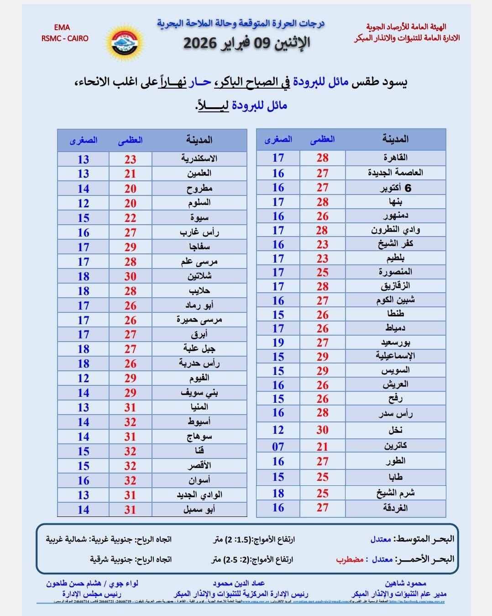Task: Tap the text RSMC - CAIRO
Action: click(64, 38)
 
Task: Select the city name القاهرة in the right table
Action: click(395, 158)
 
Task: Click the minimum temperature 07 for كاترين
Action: click(278, 447)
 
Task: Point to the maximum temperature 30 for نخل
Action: click(322, 430)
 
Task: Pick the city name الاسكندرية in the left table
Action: click(199, 159)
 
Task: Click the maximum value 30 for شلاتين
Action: click(131, 276)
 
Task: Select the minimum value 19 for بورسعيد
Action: click(278, 342)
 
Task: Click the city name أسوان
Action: click(199, 480)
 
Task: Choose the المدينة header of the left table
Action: click(199, 140)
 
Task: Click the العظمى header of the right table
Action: click(322, 139)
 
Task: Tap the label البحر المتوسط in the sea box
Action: click(424, 539)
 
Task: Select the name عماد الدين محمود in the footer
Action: click(239, 583)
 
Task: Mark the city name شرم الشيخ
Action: click(395, 493)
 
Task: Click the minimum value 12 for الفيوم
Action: click(83, 378)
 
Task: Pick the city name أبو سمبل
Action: click(199, 509)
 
